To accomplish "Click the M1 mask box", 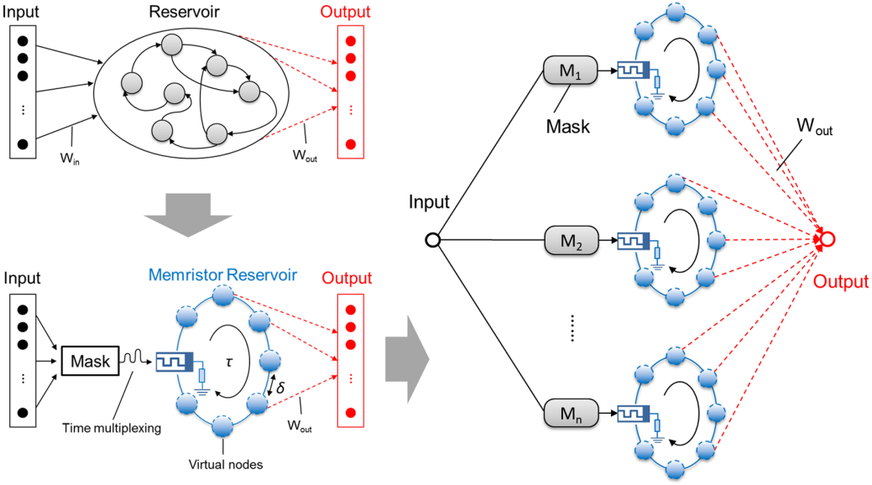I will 570,72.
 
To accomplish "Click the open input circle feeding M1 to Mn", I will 432,242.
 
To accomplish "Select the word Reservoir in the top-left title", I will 183,13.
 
